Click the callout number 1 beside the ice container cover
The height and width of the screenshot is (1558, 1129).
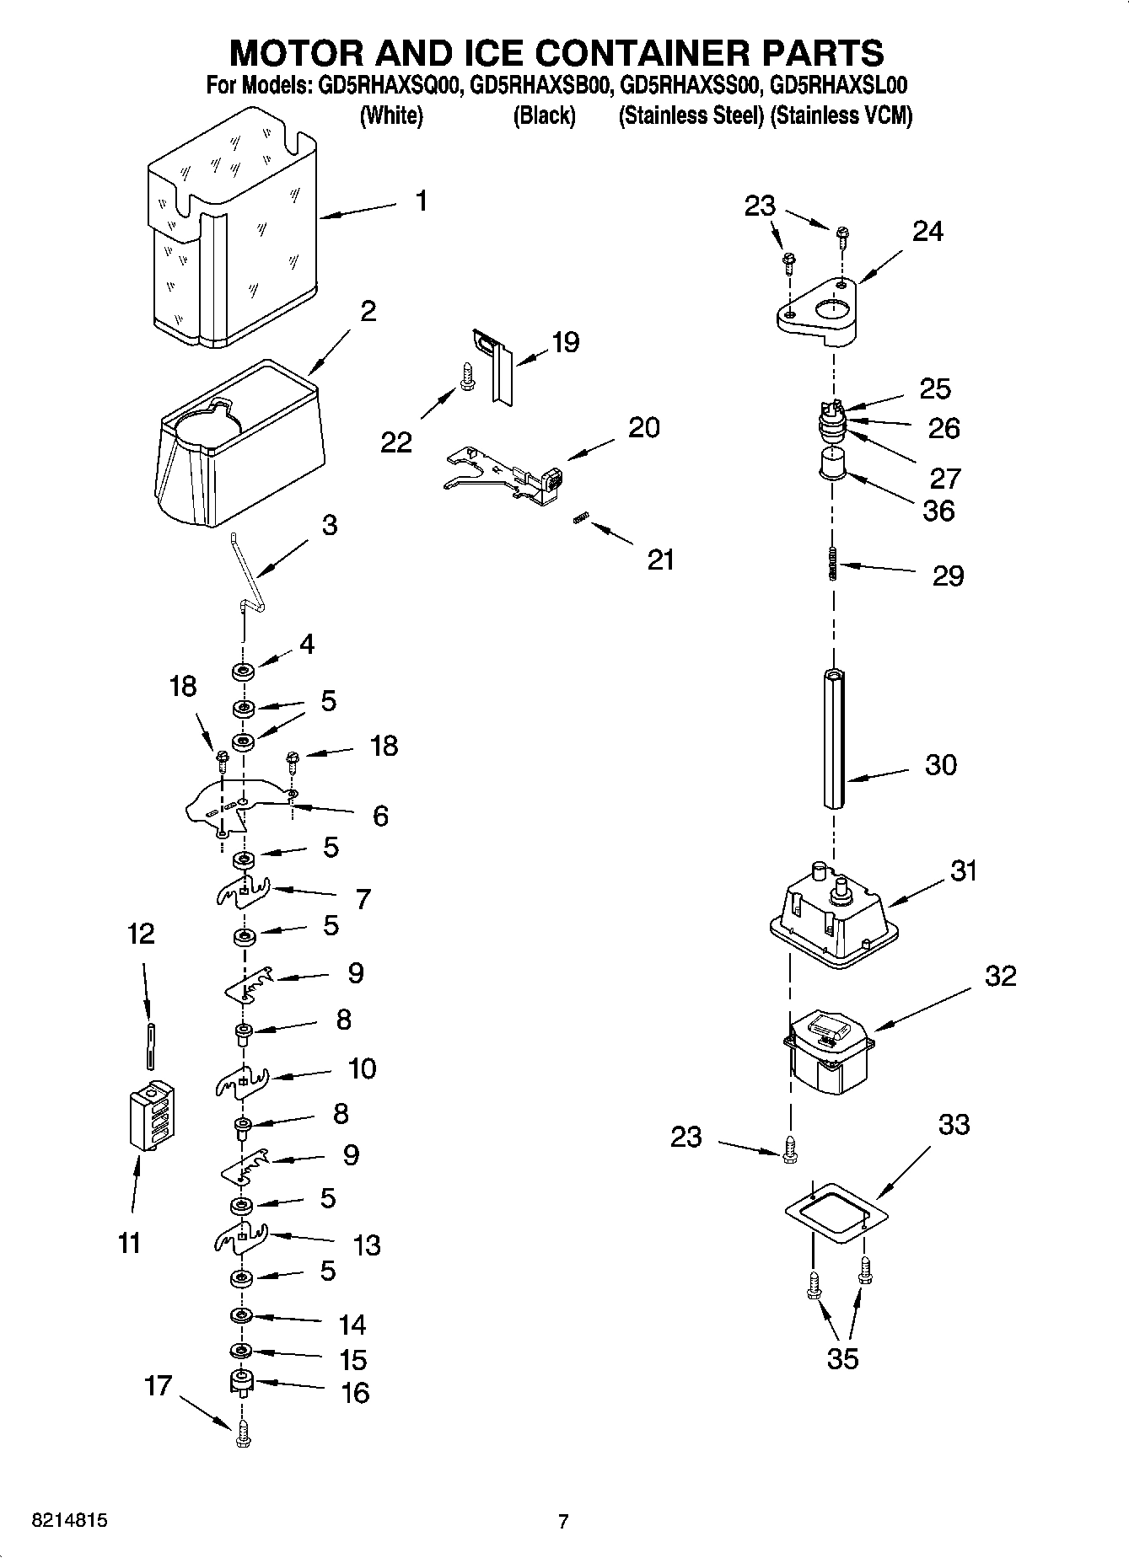(x=421, y=201)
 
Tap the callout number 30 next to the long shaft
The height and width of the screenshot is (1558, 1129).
(x=941, y=764)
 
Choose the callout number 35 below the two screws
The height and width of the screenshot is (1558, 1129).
(x=842, y=1357)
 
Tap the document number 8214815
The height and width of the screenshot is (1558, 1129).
(x=69, y=1521)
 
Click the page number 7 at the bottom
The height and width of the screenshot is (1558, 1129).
(x=563, y=1521)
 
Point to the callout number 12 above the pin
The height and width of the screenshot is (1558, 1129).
(x=142, y=933)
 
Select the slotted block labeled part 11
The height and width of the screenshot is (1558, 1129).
(x=152, y=1114)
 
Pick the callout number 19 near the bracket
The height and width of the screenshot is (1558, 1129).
(x=565, y=341)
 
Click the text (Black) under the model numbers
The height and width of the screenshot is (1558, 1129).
(x=544, y=115)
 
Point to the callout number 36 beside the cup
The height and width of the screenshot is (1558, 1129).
(x=938, y=510)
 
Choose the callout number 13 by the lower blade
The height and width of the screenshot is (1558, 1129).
(x=367, y=1245)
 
